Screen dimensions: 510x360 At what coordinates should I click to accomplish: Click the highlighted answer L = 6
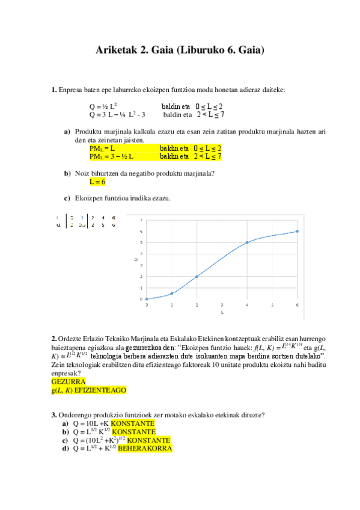pos(97,182)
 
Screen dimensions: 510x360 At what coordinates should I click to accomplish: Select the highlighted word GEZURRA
pos(69,381)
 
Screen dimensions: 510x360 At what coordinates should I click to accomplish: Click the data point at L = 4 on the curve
pos(247,242)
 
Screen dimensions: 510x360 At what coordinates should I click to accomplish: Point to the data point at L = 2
pos(197,277)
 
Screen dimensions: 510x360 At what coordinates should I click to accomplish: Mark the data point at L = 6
pos(297,232)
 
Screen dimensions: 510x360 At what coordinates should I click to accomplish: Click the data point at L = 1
pos(171,293)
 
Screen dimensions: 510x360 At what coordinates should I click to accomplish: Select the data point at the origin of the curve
pos(146,299)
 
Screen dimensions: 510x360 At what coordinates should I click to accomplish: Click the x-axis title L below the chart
pos(222,313)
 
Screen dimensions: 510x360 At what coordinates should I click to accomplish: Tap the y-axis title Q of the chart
pos(135,259)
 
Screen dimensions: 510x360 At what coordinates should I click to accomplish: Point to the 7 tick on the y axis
pos(141,220)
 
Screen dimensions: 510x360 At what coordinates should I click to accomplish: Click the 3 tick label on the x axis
pos(222,305)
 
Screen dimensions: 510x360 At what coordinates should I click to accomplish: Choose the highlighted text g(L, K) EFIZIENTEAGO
pos(89,390)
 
